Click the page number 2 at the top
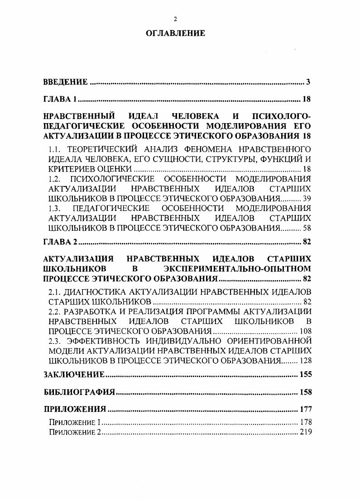pyautogui.click(x=175, y=19)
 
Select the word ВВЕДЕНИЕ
pyautogui.click(x=65, y=82)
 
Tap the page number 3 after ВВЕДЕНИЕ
pyautogui.click(x=308, y=82)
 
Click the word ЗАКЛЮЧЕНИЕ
pyautogui.click(x=74, y=375)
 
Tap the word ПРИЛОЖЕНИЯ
pyautogui.click(x=75, y=410)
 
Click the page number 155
pyautogui.click(x=306, y=375)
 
